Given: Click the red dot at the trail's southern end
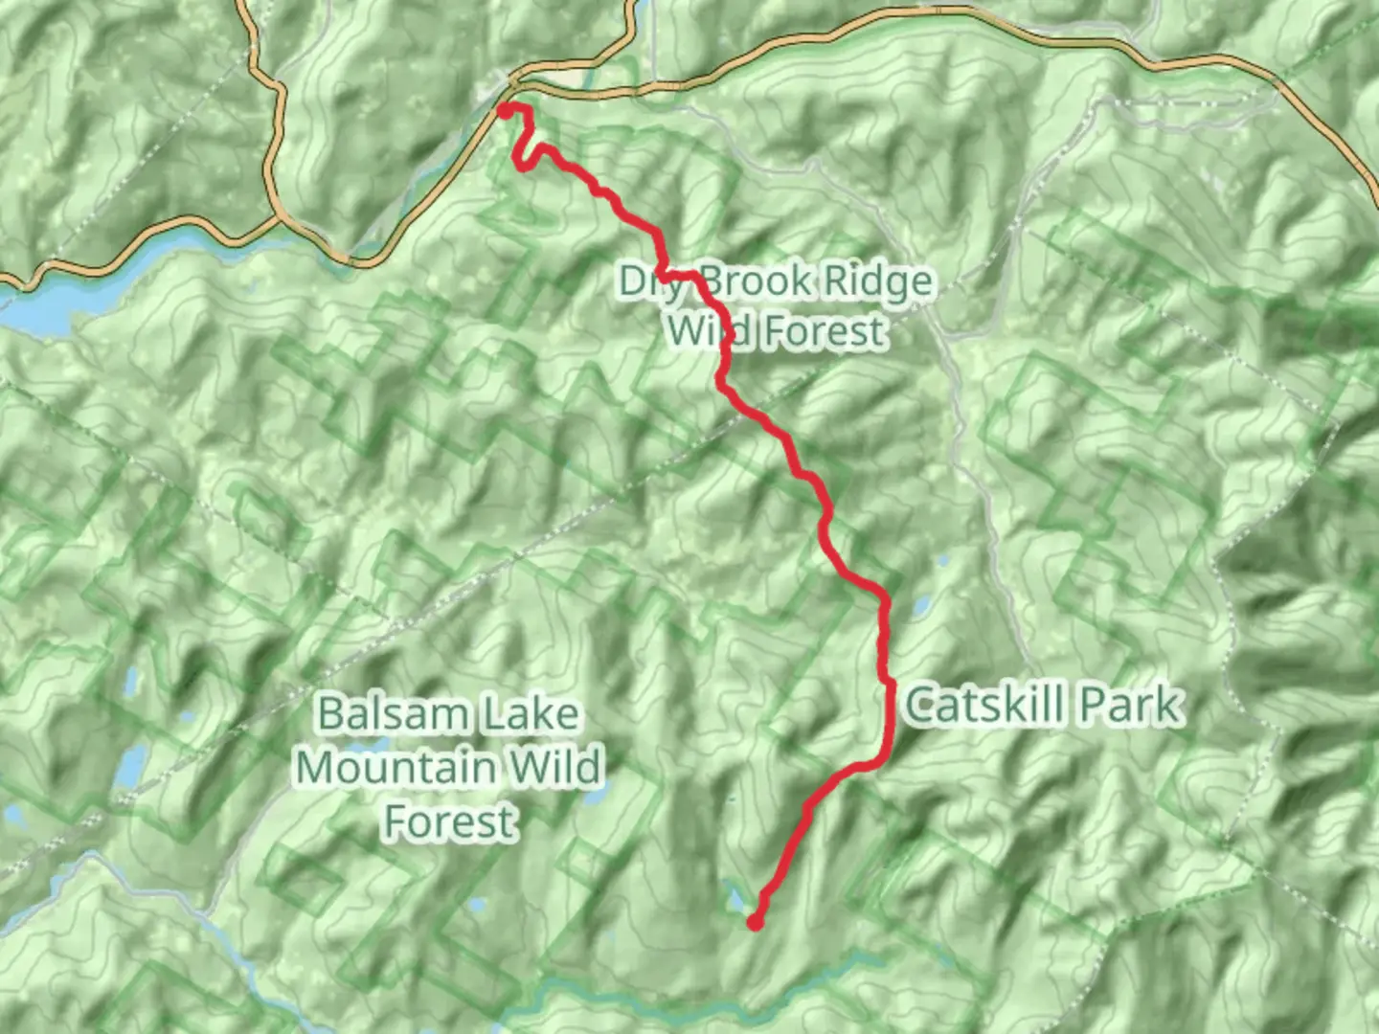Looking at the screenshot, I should click(756, 923).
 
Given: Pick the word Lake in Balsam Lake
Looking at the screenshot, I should click(530, 714).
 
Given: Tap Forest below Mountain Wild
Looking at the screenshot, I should click(450, 821).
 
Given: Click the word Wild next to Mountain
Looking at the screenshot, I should click(555, 767).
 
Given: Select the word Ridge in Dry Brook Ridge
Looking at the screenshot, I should click(878, 281).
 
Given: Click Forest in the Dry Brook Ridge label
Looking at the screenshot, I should click(826, 331).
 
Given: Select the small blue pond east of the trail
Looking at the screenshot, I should click(921, 606).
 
